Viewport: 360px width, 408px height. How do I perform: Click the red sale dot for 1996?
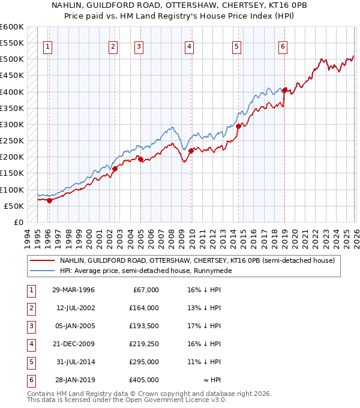[x=49, y=200]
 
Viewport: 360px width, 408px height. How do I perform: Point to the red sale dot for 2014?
[x=238, y=126]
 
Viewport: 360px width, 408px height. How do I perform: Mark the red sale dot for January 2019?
[x=285, y=91]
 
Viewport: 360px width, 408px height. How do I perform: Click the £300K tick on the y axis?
[x=12, y=124]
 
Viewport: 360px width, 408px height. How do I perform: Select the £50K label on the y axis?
[x=14, y=206]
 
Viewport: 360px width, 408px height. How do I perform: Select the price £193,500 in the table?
[x=144, y=326]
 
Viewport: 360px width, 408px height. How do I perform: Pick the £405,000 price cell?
[x=144, y=380]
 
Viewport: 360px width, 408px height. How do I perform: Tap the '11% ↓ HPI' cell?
[x=204, y=362]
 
